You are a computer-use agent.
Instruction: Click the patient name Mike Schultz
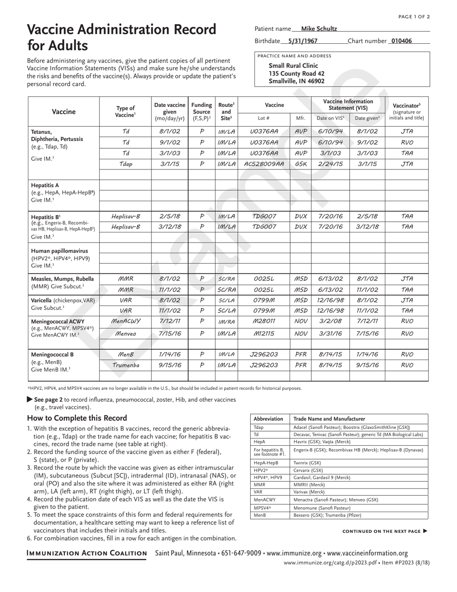tap(318, 29)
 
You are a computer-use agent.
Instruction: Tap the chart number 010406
tap(402, 41)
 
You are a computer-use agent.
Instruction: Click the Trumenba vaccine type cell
tap(125, 365)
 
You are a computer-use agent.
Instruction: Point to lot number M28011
tap(264, 321)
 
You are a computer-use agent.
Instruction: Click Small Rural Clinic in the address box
tap(293, 65)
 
